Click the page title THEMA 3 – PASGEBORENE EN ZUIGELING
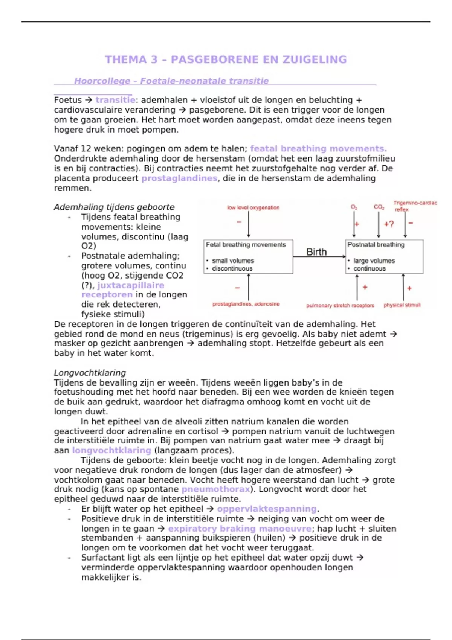pos(226,59)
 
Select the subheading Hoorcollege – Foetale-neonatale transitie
pos(171,81)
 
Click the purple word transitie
pos(115,100)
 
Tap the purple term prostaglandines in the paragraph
pos(179,178)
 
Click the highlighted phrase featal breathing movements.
pos(318,149)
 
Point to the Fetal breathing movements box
pos(248,256)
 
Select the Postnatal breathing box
pos(384,256)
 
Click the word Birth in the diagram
pos(316,252)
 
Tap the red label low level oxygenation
pos(253,207)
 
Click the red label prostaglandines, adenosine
pos(246,304)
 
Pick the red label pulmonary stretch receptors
pos(340,305)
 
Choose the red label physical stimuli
pos(402,305)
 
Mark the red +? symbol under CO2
pos(389,224)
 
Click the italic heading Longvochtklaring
pos(90,373)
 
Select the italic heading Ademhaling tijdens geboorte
pos(114,207)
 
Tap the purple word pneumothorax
pos(216,489)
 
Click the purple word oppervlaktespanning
pos(267,509)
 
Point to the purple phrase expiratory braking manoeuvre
pos(240,529)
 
